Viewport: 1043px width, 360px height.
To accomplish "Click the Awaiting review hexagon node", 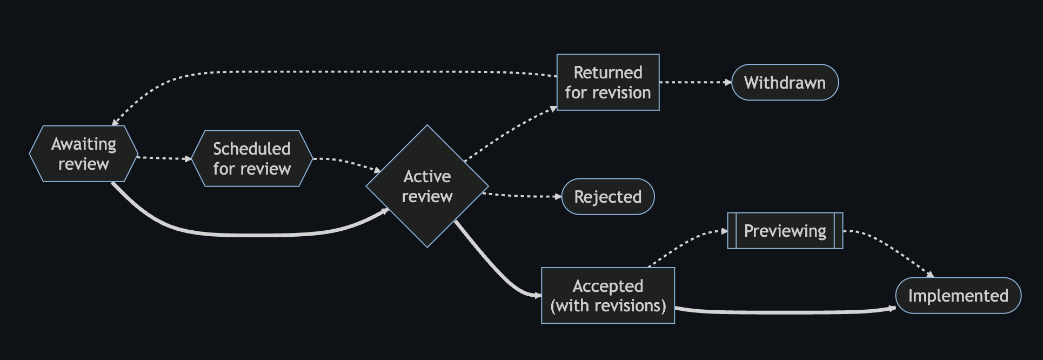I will pyautogui.click(x=84, y=154).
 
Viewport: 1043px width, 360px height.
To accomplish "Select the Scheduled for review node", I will pyautogui.click(x=252, y=159).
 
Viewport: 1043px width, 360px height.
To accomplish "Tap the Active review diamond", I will pyautogui.click(x=427, y=186).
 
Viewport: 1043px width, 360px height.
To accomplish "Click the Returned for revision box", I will pyautogui.click(x=608, y=83).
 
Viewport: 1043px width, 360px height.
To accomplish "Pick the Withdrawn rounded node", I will pyautogui.click(x=785, y=83).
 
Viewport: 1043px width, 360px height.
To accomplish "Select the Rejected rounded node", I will pyautogui.click(x=608, y=197).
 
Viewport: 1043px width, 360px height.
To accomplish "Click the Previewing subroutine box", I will pyautogui.click(x=785, y=231).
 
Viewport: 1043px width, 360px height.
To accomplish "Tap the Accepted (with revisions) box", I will pyautogui.click(x=608, y=296).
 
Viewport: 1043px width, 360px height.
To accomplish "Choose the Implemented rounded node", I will pyautogui.click(x=958, y=296).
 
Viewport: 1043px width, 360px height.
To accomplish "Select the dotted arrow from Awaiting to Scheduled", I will pyautogui.click(x=164, y=158).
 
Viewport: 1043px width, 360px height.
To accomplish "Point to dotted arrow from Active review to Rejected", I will pyautogui.click(x=521, y=196).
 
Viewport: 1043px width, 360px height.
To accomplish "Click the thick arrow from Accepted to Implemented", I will pyautogui.click(x=784, y=312).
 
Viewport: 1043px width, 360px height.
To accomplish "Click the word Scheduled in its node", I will pyautogui.click(x=252, y=149).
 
